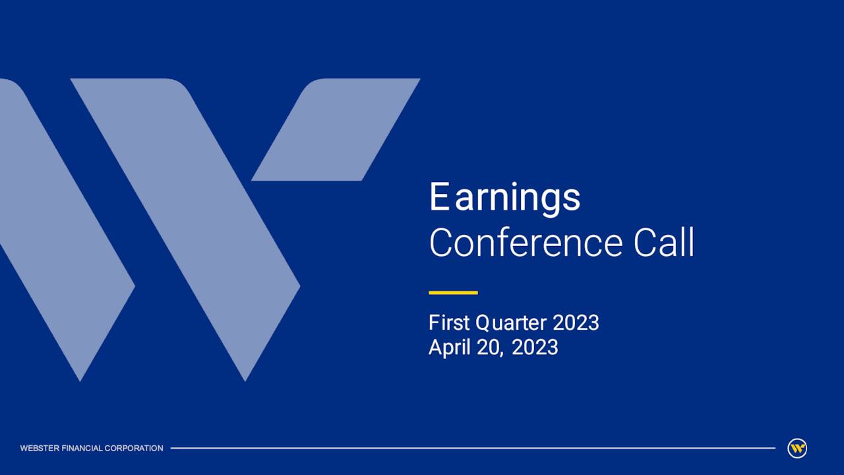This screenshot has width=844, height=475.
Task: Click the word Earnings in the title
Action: click(x=504, y=197)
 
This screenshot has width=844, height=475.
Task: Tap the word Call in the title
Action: click(x=664, y=243)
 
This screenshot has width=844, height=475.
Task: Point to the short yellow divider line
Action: click(x=453, y=292)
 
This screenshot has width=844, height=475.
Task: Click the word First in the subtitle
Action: click(x=449, y=323)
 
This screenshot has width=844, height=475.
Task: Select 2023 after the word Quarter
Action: click(x=576, y=323)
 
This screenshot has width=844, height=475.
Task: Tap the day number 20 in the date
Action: click(x=490, y=347)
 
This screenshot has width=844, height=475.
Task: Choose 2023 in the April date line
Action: click(x=535, y=347)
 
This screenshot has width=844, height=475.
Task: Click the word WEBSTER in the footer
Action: click(x=40, y=449)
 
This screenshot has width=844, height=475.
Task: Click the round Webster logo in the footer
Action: click(x=797, y=449)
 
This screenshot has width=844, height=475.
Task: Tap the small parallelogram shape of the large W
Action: click(x=336, y=129)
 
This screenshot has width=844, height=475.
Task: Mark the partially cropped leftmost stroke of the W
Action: click(x=59, y=251)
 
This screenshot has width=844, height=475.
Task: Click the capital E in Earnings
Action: click(x=438, y=197)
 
